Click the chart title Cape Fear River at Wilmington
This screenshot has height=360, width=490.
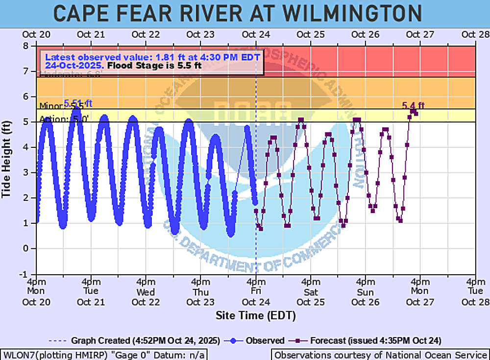click(x=237, y=13)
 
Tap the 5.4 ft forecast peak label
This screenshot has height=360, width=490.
click(x=413, y=105)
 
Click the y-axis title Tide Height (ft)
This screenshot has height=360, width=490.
click(x=6, y=161)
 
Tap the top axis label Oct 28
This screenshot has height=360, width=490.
click(x=475, y=35)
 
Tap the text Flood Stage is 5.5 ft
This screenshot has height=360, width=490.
click(x=154, y=66)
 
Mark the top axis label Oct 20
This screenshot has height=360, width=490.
click(x=36, y=35)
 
